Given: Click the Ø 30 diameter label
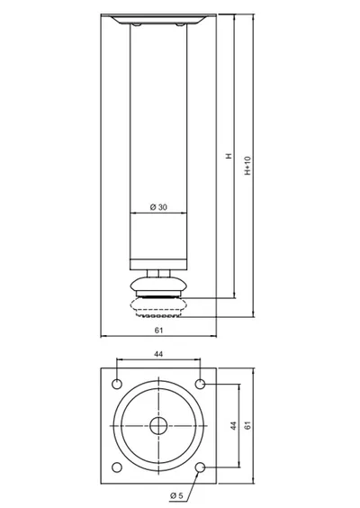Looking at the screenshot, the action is (158, 206).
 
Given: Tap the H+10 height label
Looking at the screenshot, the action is (247, 166).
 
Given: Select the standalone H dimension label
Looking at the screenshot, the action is (229, 156).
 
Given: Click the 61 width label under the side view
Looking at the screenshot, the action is (158, 331).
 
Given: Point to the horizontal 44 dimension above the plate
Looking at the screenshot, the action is (158, 354).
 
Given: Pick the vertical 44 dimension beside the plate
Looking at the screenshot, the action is (234, 426).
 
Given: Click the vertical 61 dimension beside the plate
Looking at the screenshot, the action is (248, 425).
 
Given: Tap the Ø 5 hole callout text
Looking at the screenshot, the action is (176, 495).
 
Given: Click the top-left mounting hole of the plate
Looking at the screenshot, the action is (117, 385).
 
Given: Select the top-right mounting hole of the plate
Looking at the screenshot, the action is (201, 385).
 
